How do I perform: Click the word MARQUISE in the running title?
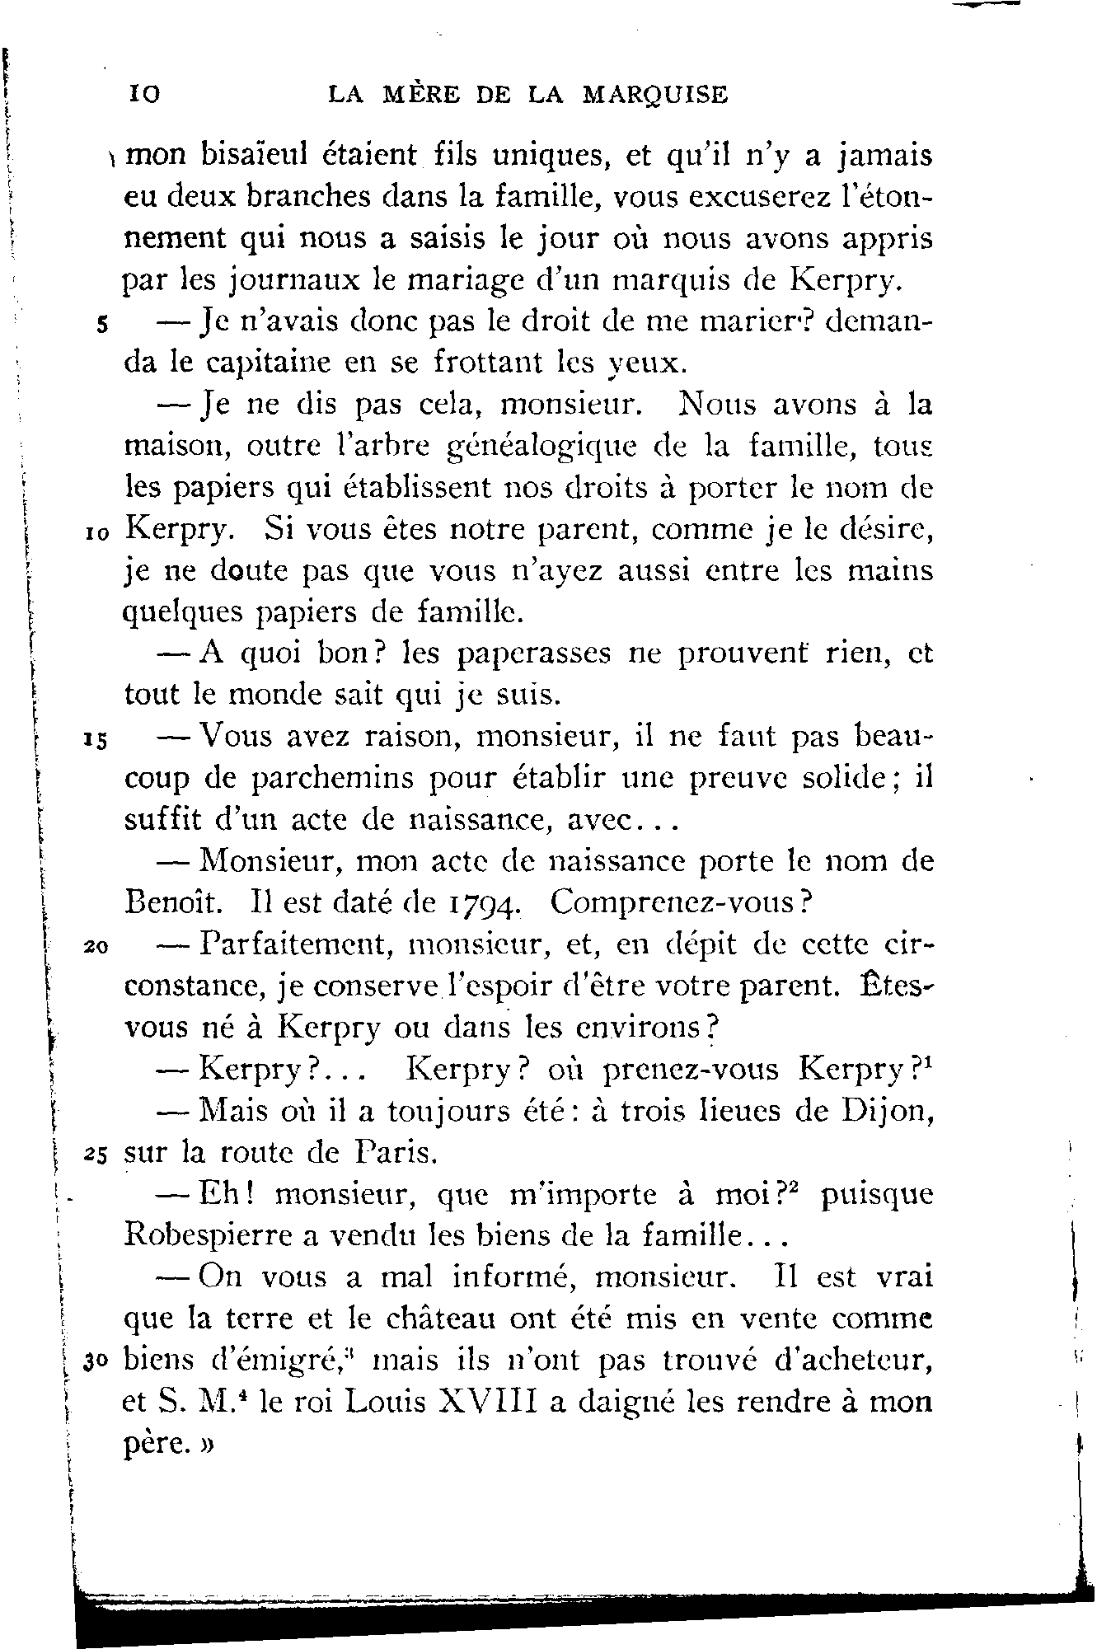[655, 96]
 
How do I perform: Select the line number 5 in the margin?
[100, 325]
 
